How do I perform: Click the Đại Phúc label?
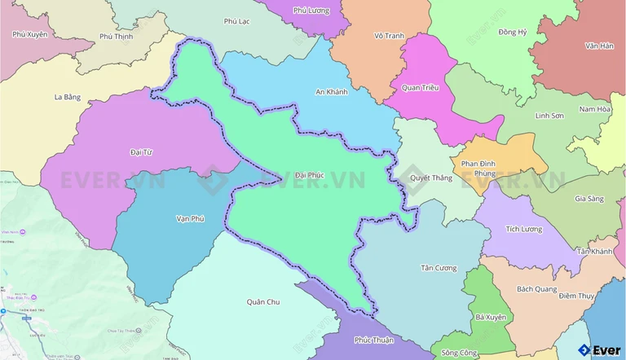tap(310, 174)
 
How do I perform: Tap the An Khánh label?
tap(332, 92)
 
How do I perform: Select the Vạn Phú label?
tap(189, 218)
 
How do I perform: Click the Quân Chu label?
tap(262, 301)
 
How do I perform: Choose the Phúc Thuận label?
tap(373, 341)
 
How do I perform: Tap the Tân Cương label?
tap(439, 268)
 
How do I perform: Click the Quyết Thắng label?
tap(431, 178)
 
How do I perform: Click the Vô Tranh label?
tap(389, 36)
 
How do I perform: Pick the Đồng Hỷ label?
tap(513, 32)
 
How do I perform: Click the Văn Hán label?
tap(598, 46)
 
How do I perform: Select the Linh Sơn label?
tap(549, 116)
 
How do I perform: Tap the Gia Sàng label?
tap(589, 199)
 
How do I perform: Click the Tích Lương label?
tap(523, 229)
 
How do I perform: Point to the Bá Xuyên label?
tap(490, 317)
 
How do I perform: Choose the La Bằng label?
tap(68, 97)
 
